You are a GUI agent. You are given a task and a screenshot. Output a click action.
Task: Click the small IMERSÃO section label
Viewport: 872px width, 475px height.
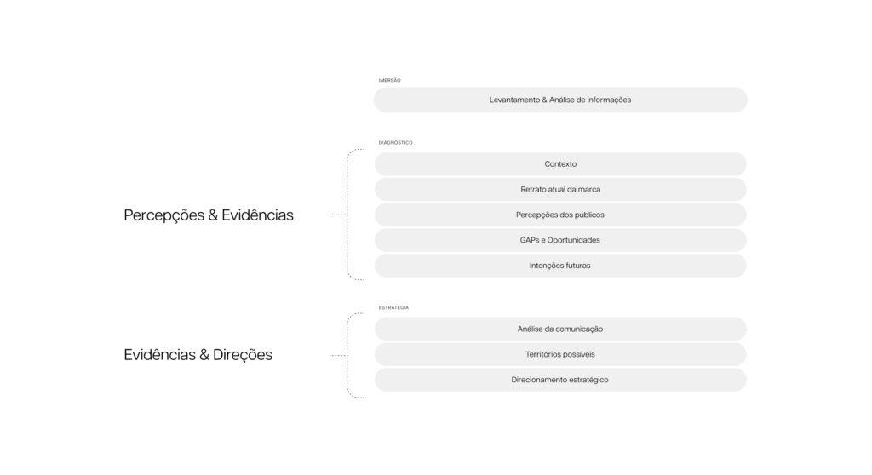point(389,80)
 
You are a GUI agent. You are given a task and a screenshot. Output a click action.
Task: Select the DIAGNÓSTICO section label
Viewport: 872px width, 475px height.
point(395,142)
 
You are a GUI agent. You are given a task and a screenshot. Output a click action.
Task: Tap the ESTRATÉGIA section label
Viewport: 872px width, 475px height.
point(393,307)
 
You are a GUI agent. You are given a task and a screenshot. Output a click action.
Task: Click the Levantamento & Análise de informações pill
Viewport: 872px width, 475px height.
point(560,100)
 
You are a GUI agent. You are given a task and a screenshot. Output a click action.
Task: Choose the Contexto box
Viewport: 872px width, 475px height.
point(560,164)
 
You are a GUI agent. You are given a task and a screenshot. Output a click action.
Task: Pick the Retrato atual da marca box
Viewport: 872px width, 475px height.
point(560,189)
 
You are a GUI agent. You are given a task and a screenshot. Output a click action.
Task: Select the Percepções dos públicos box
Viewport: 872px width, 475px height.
point(560,215)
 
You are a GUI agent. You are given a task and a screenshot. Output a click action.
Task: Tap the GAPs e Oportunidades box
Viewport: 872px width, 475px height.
point(560,240)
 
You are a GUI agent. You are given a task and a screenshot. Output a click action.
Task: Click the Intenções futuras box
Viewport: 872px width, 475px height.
point(560,266)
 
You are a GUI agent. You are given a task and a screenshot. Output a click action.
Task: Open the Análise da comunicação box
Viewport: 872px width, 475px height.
point(560,329)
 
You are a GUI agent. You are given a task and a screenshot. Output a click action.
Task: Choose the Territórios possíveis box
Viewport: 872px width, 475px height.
point(560,354)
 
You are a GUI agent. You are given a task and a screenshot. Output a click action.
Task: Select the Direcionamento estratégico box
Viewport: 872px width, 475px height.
point(560,380)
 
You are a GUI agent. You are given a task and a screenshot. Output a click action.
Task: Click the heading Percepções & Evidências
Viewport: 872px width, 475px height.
point(209,215)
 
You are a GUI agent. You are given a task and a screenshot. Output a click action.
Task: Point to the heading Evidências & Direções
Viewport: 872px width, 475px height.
point(198,355)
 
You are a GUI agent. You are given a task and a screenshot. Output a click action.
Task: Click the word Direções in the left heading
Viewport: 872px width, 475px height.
point(243,355)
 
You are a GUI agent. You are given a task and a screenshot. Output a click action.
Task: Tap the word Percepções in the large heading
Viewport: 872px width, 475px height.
point(164,215)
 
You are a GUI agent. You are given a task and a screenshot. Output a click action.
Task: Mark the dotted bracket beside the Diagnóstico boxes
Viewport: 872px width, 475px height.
point(347,215)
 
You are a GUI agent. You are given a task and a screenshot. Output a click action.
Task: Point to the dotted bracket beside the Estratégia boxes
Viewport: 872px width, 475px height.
point(347,355)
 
